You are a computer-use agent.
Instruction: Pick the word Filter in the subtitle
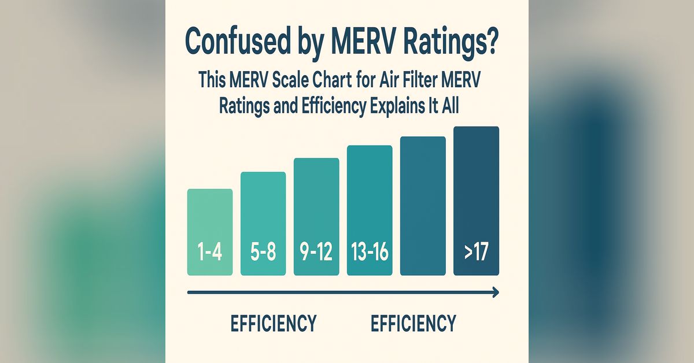tap(422, 80)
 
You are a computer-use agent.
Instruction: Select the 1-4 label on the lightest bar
tap(209, 253)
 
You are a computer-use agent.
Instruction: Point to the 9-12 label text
tap(316, 253)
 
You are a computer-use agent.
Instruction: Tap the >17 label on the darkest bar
tap(476, 253)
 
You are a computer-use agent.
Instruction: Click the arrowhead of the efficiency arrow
tap(494, 293)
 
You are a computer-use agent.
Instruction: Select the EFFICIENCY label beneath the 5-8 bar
tap(274, 323)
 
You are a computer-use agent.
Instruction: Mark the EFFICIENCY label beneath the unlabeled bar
tap(413, 323)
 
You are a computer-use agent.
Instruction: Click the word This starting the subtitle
tap(215, 80)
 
